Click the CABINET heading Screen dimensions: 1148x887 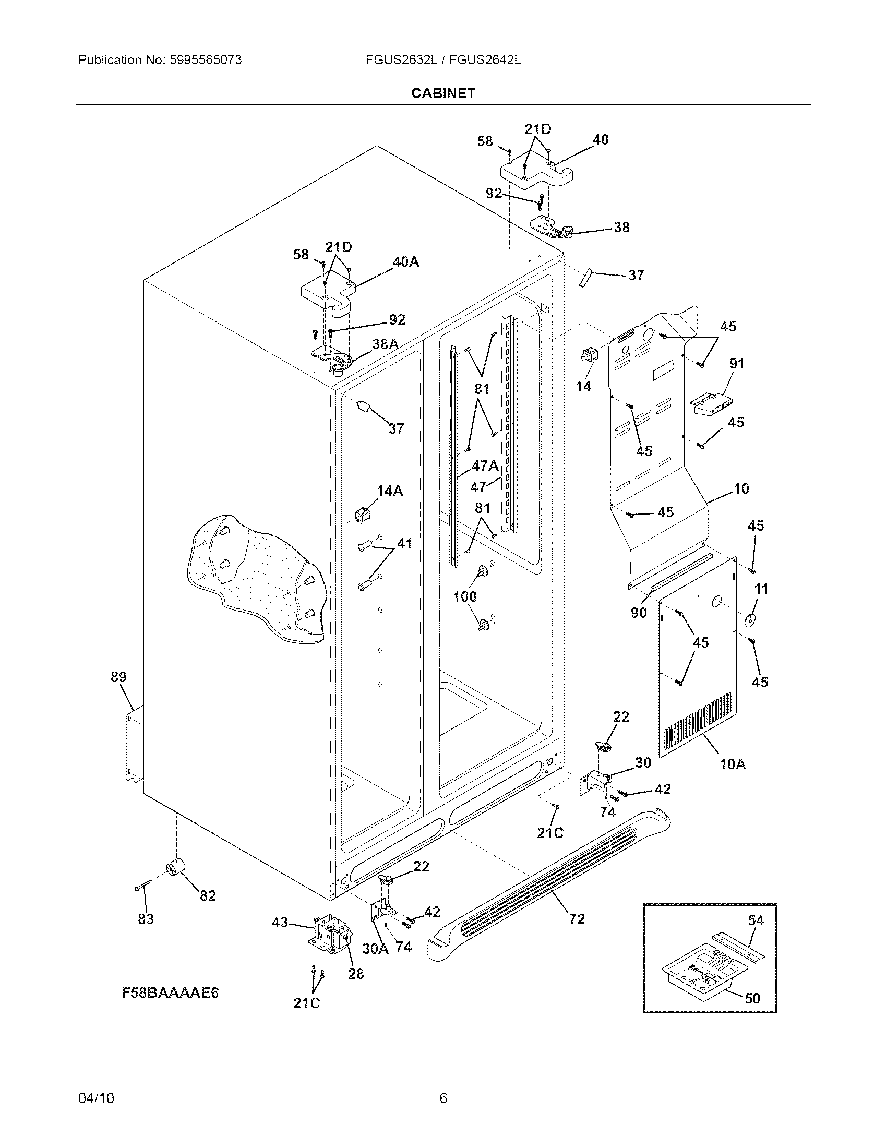point(443,93)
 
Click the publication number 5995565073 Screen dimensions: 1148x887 point(206,60)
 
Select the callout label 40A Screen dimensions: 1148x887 point(405,261)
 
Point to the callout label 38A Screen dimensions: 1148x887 point(385,344)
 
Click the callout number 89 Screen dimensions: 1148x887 point(119,677)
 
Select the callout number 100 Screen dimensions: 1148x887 point(465,596)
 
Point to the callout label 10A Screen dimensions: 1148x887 point(733,764)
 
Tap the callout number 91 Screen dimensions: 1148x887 point(737,363)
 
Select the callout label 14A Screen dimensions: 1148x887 point(389,491)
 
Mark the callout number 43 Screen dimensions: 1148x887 point(280,922)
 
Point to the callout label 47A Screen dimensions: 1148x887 point(485,465)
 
